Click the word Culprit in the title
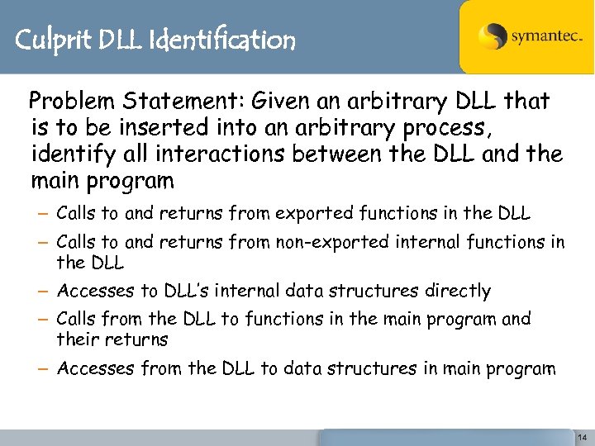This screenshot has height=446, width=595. [x=51, y=40]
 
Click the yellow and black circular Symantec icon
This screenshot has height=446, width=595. [x=493, y=36]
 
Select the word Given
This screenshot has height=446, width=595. [x=283, y=102]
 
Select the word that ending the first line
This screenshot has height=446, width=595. [x=526, y=102]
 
